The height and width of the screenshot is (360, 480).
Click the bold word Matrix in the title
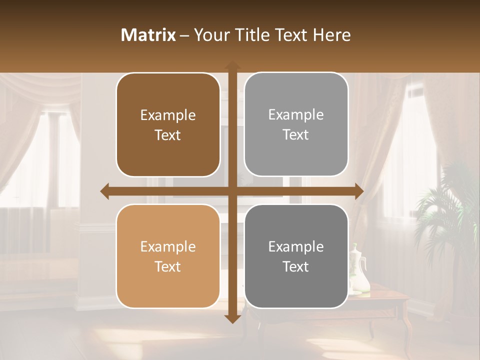click(x=148, y=35)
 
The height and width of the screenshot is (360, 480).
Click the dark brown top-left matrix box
click(x=168, y=125)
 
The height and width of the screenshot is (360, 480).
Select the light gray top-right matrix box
click(x=296, y=124)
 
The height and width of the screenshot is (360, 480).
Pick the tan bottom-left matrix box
click(x=168, y=256)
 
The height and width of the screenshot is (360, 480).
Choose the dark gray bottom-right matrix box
click(x=296, y=256)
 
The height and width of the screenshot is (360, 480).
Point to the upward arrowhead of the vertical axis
click(x=232, y=65)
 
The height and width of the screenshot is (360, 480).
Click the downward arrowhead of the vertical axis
click(x=232, y=318)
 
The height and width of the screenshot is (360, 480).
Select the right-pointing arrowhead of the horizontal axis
click(x=358, y=191)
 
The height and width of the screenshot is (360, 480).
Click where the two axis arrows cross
click(x=232, y=191)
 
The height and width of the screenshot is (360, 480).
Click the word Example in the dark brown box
click(x=168, y=115)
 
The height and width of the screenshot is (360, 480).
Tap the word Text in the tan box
click(x=168, y=266)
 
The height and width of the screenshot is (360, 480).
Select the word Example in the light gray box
click(x=296, y=115)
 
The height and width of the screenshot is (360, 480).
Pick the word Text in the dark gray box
click(x=296, y=266)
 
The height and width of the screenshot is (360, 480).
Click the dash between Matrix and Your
click(x=184, y=35)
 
